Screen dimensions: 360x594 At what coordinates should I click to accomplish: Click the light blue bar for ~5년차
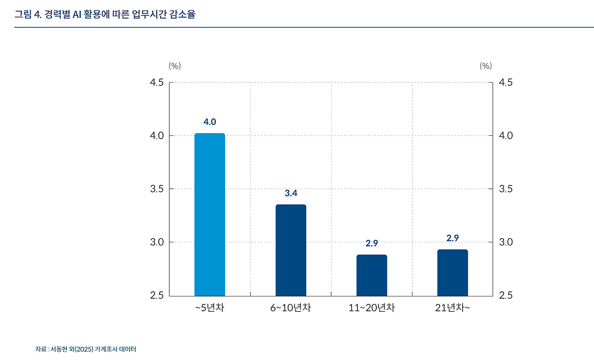210,214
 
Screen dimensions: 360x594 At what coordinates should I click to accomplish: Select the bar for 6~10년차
291,250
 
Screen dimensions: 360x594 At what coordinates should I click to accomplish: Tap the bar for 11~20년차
372,275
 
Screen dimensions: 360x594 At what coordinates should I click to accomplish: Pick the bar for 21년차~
452,272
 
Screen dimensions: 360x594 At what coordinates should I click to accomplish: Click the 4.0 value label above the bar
210,122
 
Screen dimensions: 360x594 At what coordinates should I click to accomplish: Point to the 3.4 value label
291,193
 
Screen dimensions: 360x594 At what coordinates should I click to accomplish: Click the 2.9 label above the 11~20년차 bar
372,243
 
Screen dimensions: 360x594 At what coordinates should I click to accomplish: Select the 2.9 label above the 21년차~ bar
452,238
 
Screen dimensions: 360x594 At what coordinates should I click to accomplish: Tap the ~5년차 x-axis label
210,308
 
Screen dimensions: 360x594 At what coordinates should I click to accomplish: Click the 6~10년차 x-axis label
291,308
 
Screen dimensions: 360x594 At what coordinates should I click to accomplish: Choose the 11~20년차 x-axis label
372,308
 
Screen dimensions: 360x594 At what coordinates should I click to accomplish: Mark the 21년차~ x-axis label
452,308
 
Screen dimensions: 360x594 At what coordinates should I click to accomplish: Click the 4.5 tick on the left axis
157,83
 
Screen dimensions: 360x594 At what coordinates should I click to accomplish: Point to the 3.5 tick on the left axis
157,189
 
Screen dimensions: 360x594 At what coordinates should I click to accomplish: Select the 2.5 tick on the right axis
505,296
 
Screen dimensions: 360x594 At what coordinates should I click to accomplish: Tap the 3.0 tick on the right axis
505,242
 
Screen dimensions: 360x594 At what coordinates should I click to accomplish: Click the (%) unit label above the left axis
175,66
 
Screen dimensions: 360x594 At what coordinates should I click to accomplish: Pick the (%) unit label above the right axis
485,66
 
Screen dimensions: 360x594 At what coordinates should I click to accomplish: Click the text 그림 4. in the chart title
28,14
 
